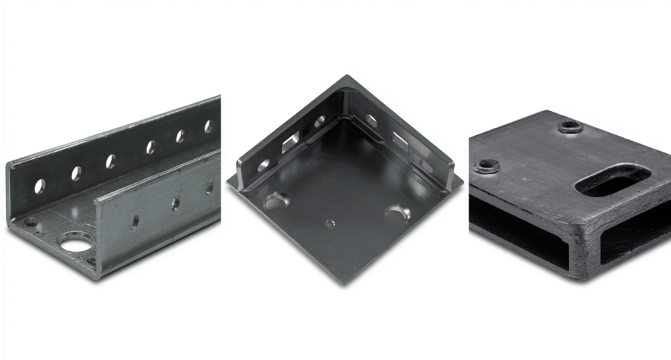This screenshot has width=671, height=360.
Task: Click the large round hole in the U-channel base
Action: [x=75, y=242]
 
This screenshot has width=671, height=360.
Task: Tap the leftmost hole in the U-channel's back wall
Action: [x=39, y=186]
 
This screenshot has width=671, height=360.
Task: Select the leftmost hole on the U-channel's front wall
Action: [x=135, y=221]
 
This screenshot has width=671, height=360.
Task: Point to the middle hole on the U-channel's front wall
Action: [x=175, y=204]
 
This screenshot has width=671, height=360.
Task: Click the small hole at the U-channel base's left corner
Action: [x=30, y=222]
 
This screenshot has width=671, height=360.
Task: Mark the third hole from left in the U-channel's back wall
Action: [x=112, y=161]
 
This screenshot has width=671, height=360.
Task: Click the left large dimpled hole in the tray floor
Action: [x=276, y=200]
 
